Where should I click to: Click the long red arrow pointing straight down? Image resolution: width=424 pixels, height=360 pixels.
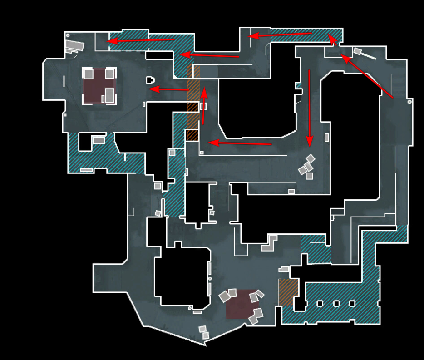(x=310, y=107)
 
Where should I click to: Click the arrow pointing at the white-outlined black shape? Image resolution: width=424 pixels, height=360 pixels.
(x=169, y=89)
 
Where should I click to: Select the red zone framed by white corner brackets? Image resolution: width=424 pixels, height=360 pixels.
(x=99, y=86)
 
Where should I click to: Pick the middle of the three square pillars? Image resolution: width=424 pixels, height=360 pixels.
(x=336, y=303)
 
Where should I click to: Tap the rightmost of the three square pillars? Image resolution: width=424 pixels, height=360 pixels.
(x=352, y=303)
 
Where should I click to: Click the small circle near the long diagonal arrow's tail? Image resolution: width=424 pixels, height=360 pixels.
(x=410, y=102)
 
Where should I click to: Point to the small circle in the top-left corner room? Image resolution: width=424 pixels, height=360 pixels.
(x=68, y=35)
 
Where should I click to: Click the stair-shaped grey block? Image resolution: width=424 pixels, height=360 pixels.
(x=270, y=243)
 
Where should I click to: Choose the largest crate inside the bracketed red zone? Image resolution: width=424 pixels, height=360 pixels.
(x=109, y=95)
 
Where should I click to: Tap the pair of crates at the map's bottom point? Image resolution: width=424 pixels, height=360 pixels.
(x=204, y=332)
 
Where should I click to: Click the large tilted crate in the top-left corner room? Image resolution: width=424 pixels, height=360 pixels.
(x=75, y=45)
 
